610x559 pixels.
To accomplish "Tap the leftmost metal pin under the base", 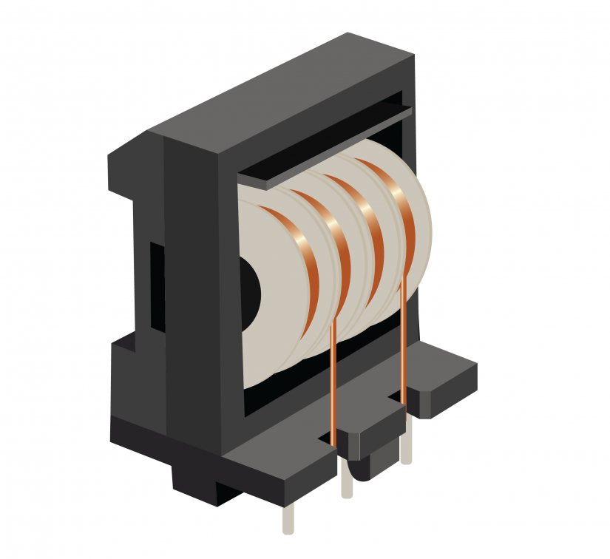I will click(x=288, y=518).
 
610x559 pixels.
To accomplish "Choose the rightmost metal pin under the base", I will click(x=406, y=447).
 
